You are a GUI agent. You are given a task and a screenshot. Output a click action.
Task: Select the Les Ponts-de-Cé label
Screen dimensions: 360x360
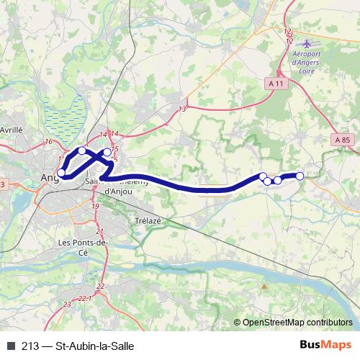click(82, 248)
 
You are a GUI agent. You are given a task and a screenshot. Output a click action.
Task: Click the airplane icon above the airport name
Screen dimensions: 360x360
click(309, 44)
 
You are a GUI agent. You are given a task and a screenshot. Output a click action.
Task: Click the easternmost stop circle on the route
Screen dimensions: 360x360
click(300, 176)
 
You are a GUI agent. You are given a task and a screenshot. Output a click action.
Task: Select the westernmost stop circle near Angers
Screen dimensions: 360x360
click(61, 173)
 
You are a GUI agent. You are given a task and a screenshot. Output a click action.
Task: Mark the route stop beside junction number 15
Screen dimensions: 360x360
click(107, 153)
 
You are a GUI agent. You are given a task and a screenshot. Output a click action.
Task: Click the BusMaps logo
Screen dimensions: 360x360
click(326, 345)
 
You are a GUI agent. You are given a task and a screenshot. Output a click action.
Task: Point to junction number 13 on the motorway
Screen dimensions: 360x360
click(182, 109)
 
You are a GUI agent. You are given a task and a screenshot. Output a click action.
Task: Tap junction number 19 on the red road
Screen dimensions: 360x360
click(95, 206)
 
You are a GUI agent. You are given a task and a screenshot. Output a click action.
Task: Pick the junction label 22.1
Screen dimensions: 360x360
click(84, 297)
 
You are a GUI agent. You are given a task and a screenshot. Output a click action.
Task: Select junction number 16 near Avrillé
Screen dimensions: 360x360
click(48, 142)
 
